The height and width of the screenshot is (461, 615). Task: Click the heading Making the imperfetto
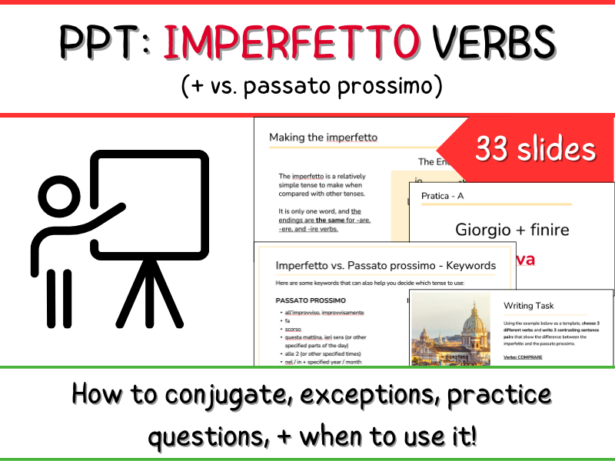323,138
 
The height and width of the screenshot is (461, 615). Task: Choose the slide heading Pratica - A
443,196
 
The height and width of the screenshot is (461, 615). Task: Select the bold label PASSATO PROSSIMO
311,299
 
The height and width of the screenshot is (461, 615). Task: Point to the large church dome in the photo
474,324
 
